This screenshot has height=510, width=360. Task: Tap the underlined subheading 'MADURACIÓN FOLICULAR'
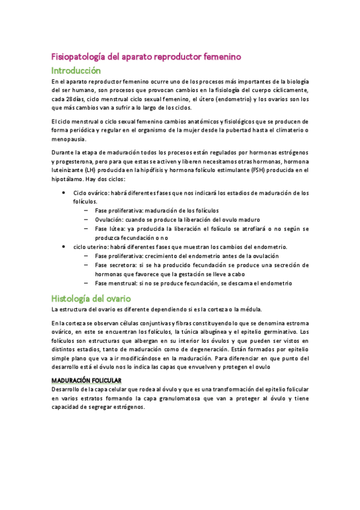tap(87, 381)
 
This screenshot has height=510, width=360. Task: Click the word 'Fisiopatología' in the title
tap(78, 57)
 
